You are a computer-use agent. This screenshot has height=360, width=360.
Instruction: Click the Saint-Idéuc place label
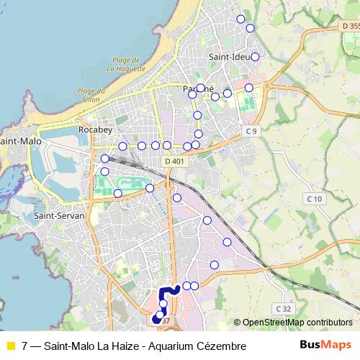[229, 56]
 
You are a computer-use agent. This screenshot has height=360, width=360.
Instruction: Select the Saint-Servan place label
[59, 215]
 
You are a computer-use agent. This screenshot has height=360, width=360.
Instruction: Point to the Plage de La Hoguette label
[126, 65]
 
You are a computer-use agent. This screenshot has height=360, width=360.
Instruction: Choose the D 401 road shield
[175, 161]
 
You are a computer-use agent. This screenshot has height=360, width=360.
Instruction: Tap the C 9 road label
[251, 131]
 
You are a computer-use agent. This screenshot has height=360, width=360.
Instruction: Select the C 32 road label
[284, 308]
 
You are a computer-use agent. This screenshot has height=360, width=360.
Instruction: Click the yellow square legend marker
[10, 346]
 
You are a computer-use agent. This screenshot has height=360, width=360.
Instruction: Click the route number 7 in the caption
[25, 346]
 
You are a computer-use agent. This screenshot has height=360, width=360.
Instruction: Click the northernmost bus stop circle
[240, 19]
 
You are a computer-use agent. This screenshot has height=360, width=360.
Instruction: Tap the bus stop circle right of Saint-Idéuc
[255, 56]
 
